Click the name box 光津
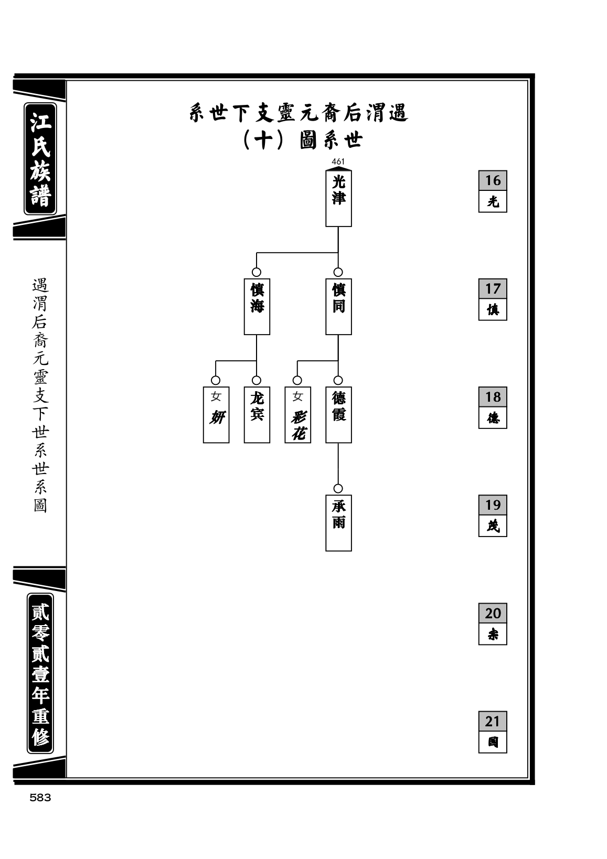pos(338,198)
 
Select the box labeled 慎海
pos(257,306)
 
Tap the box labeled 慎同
pos(338,306)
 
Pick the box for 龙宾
pos(257,414)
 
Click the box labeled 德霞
pos(338,414)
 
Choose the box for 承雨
pos(338,523)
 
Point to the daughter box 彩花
pos(298,414)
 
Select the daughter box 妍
pos(216,414)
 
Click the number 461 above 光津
pos(338,162)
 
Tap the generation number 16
pos(493,180)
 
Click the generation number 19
pos(493,504)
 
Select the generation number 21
pos(493,721)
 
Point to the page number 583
pos(40,798)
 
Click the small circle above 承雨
pos(338,489)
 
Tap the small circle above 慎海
pos(257,272)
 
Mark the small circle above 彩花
pos(297,380)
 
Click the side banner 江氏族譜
pos(40,159)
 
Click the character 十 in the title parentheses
pos(263,141)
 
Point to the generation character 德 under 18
pos(493,417)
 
